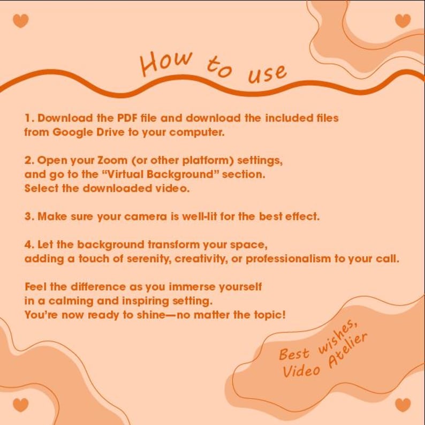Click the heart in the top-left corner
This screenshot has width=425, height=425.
pyautogui.click(x=20, y=21)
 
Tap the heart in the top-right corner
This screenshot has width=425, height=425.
pyautogui.click(x=403, y=21)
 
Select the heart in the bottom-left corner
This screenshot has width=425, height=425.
pyautogui.click(x=20, y=405)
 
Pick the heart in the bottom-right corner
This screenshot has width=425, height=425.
pyautogui.click(x=403, y=405)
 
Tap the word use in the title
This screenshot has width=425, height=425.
pyautogui.click(x=267, y=74)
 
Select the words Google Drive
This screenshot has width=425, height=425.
pyautogui.click(x=88, y=133)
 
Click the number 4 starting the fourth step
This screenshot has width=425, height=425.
pyautogui.click(x=28, y=245)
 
